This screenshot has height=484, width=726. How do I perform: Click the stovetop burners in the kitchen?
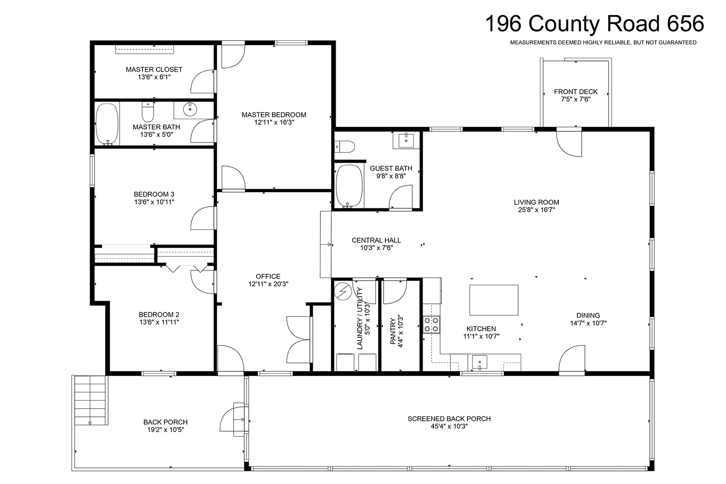tap(432, 324)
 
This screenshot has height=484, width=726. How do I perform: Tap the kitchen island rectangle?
tap(493, 300)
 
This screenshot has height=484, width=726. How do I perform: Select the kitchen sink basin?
tap(480, 363)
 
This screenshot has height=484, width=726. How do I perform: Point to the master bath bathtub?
tap(107, 124)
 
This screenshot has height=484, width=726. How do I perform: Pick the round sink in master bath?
tap(190, 109)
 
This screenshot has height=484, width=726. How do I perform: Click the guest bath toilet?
tap(345, 147)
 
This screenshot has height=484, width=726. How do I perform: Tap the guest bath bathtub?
tap(349, 186)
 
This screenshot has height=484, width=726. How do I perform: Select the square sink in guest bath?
tap(406, 140)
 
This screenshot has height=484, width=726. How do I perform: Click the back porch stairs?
tap(91, 400)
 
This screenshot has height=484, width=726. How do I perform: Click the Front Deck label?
tap(575, 92)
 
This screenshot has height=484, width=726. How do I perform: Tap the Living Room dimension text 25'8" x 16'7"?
tap(536, 210)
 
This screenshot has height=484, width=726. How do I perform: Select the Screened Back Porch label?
tap(449, 419)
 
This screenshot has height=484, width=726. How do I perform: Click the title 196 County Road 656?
tap(595, 23)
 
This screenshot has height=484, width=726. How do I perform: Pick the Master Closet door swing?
tap(203, 82)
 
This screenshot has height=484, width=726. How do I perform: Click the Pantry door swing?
tap(395, 291)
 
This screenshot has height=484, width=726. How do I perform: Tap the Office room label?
tap(268, 277)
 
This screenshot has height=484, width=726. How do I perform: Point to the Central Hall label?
tap(376, 240)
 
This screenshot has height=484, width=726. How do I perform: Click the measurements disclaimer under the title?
tap(603, 43)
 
